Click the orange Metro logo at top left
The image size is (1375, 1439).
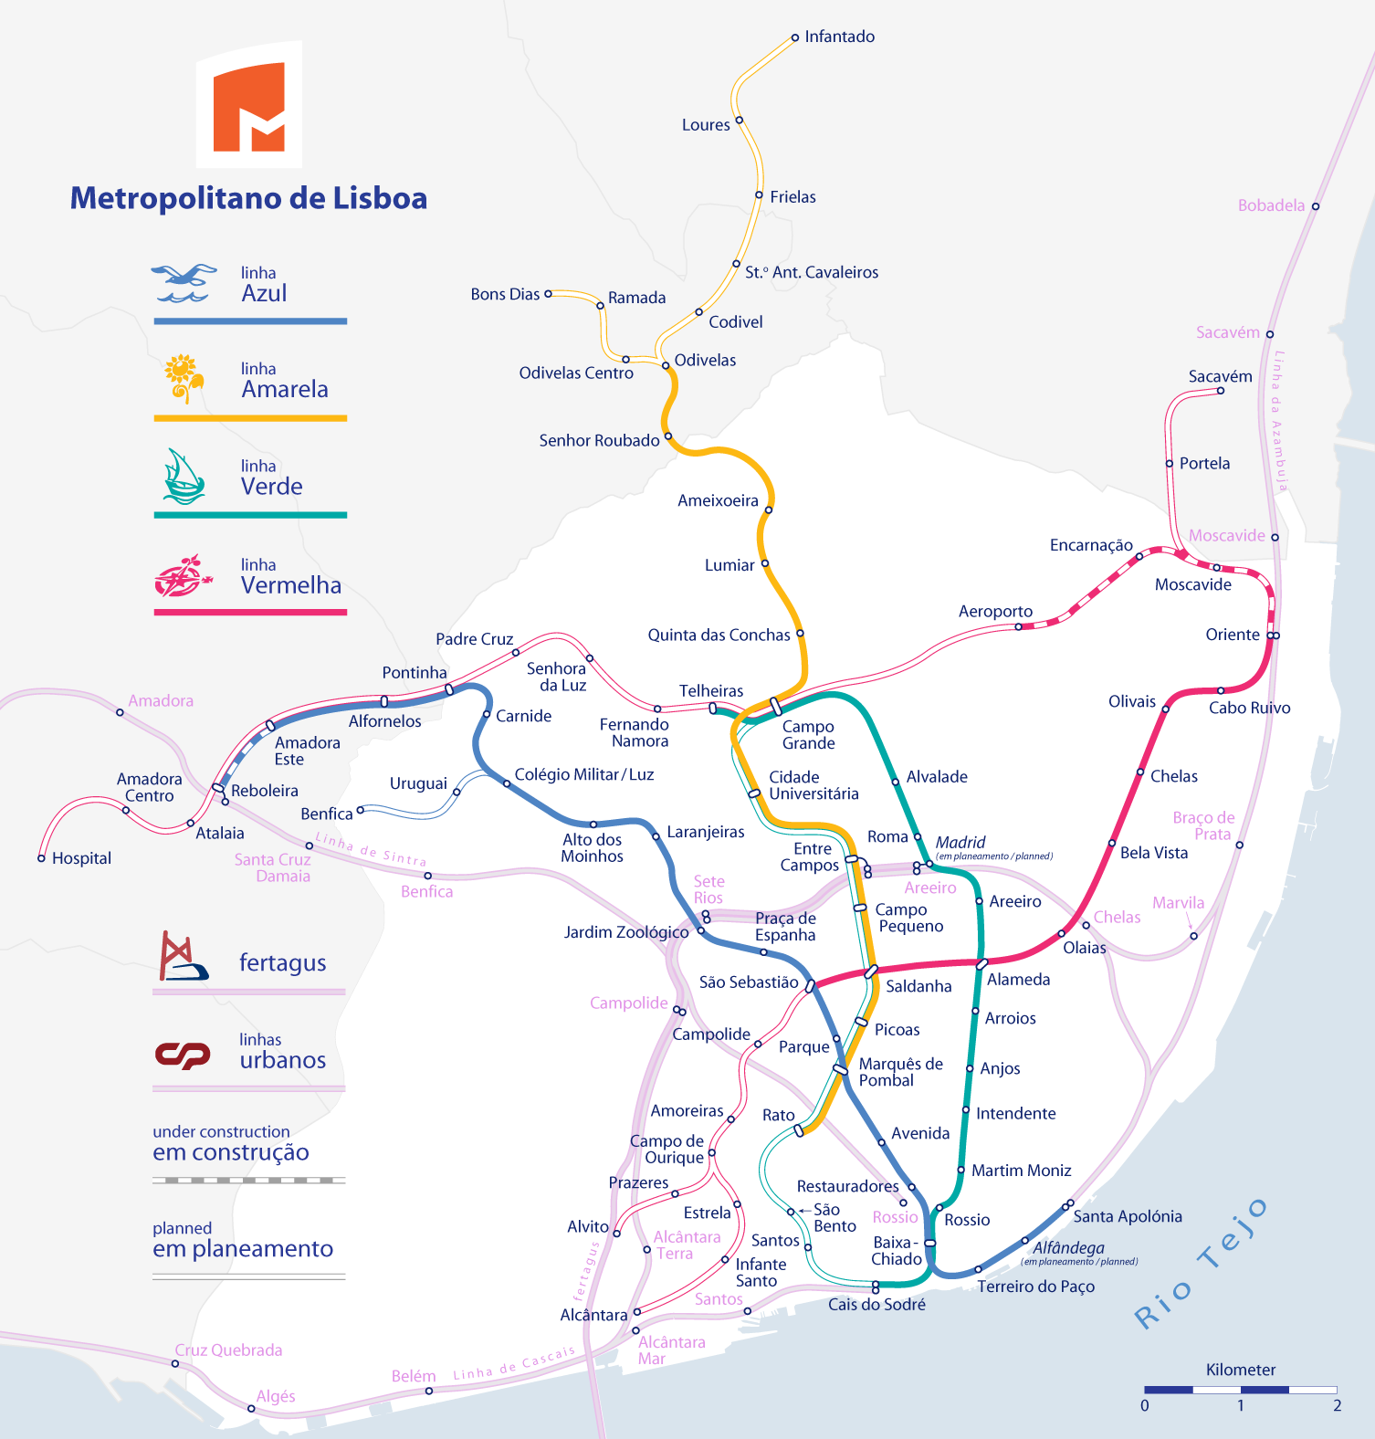248,105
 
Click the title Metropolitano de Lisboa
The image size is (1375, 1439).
248,198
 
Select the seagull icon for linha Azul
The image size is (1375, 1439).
184,283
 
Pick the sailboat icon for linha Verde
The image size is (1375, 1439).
184,477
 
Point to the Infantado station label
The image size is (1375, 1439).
839,37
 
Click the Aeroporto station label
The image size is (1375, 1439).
995,611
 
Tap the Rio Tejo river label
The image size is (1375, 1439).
1201,1265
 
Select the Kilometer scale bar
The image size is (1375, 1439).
1240,1389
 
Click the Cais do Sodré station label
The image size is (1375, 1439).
876,1304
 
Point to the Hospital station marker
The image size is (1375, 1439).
41,858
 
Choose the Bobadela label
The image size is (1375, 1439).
1271,205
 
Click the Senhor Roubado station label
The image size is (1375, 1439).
599,440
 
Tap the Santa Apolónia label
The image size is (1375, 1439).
1128,1216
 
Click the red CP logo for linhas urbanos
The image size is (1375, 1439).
183,1055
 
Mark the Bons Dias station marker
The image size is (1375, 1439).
548,294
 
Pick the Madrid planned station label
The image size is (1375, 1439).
960,842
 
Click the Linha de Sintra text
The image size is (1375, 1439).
371,849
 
